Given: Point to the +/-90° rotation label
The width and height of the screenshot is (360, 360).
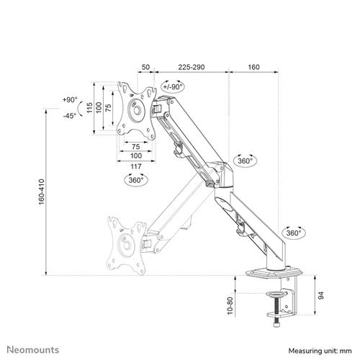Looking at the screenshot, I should [173, 87].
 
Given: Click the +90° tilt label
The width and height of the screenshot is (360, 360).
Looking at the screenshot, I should [70, 100].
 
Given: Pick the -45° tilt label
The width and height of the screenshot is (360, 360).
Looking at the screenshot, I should [70, 115].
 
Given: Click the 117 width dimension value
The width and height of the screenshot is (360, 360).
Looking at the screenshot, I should [135, 166].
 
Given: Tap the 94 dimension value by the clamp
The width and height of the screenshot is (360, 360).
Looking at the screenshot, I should [321, 294].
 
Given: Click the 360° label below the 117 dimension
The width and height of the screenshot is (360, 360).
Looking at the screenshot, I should [135, 180].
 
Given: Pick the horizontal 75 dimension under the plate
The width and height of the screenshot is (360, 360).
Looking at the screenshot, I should [135, 146].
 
